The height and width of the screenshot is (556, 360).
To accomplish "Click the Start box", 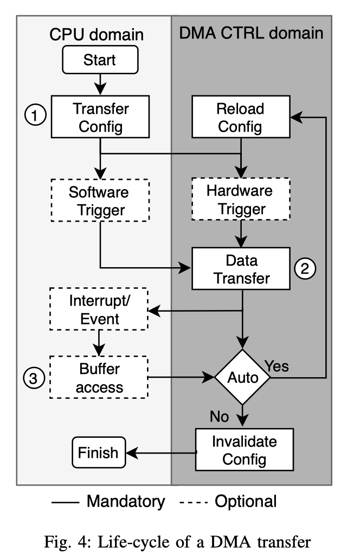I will point(99,60).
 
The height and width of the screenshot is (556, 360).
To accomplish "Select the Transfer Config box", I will point(101,117).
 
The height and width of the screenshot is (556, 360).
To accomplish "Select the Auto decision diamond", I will point(242,377).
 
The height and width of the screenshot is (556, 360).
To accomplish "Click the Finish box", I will point(98,452).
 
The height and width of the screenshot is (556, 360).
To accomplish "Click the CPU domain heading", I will point(97,35).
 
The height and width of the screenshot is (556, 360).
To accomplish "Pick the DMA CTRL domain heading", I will point(251,34).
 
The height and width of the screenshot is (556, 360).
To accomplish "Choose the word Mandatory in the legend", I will point(126,501).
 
